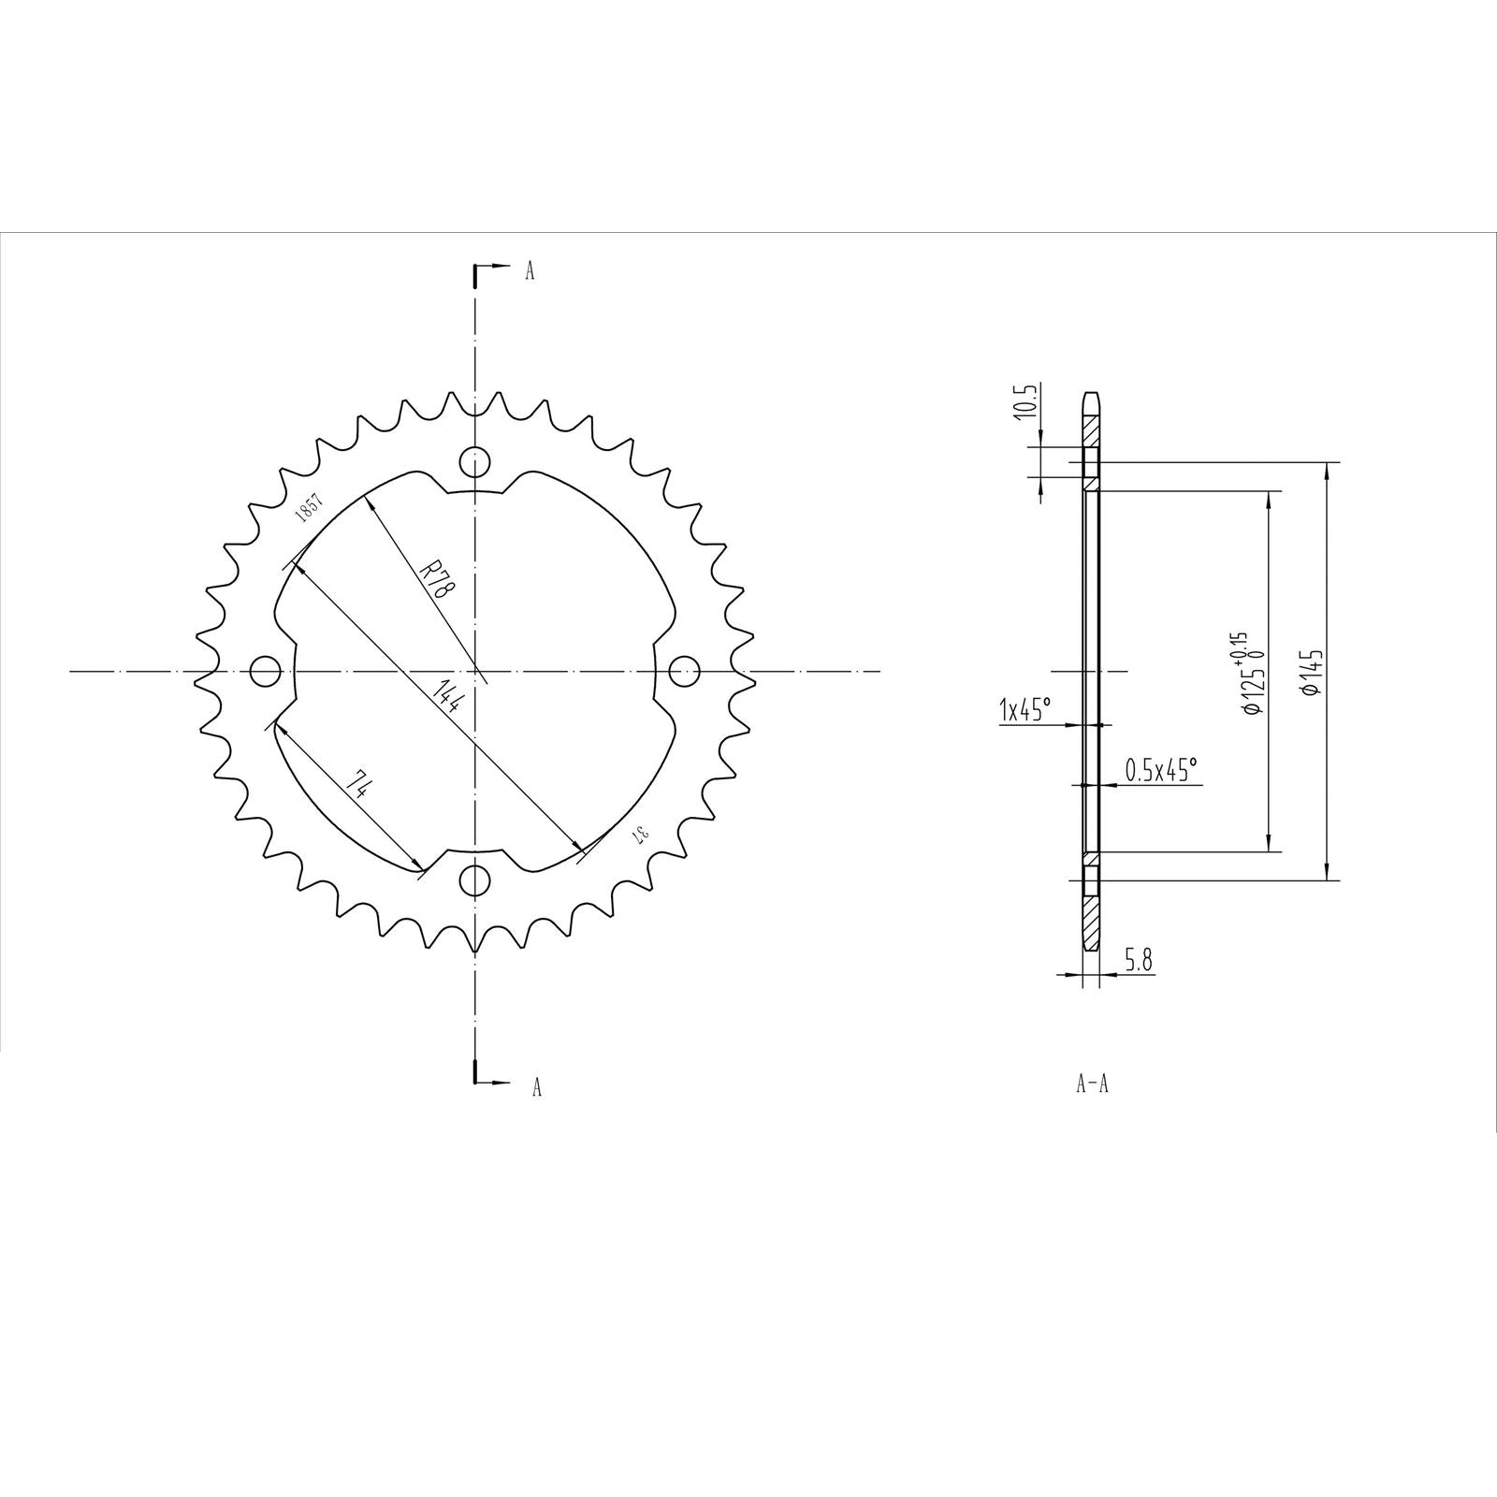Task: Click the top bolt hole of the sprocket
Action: coord(475,462)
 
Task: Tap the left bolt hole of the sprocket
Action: coord(267,671)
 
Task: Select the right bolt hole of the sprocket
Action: coord(685,670)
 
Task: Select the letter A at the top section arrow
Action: coord(530,271)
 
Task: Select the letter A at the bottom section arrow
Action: coord(536,1086)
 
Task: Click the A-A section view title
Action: coord(1092,1084)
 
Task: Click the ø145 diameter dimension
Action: coord(1310,672)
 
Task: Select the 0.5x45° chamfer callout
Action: coord(1160,770)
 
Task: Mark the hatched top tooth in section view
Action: coord(1092,430)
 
